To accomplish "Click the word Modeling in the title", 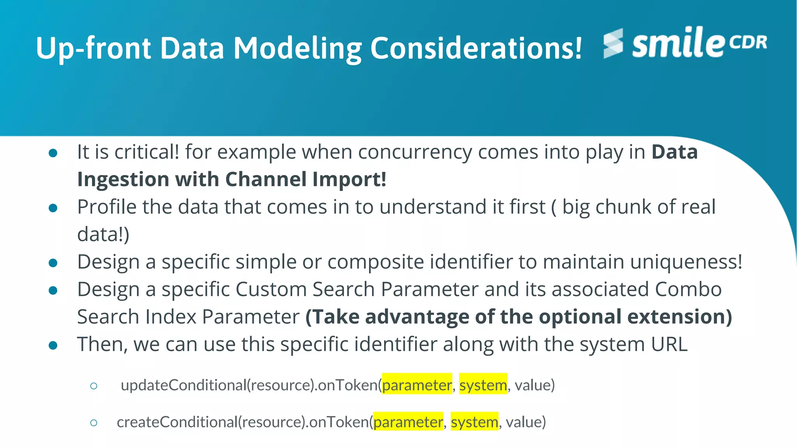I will coord(297,49).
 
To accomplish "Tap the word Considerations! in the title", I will coord(476,49).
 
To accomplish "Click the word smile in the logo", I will coord(678,43).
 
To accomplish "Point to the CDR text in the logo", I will coord(748,42).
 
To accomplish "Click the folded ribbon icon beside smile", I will coord(613,43).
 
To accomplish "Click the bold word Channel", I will coord(266,179).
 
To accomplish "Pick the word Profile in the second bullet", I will coord(106,207).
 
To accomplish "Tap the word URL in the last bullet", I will coord(669,344).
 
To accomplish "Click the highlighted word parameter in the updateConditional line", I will coord(417,385).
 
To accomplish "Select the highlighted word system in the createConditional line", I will coord(474,422).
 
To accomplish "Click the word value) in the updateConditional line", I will coord(534,385).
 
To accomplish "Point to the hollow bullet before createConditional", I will coord(93,422).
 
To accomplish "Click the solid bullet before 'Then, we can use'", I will coord(53,345).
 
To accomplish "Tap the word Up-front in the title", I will coord(93,49).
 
